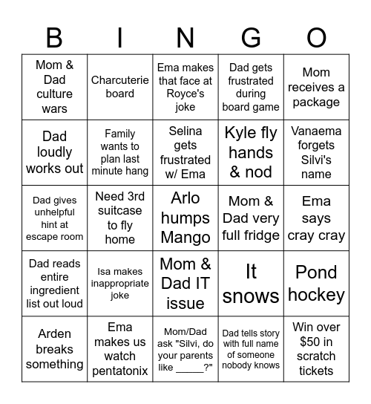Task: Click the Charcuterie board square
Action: [x=120, y=87]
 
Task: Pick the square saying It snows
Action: [x=251, y=284]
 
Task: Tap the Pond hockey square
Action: [x=316, y=284]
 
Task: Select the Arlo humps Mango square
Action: [x=185, y=218]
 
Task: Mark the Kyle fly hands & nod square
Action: [x=251, y=152]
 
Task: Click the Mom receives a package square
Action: [x=316, y=87]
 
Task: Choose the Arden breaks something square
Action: [x=54, y=349]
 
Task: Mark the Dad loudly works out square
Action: [x=54, y=152]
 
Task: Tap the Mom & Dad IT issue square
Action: [x=185, y=284]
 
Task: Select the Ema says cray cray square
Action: [x=316, y=218]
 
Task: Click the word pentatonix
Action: [x=120, y=371]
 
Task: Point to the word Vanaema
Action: [x=316, y=131]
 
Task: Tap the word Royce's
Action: [x=185, y=94]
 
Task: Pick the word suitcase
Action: [x=120, y=211]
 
